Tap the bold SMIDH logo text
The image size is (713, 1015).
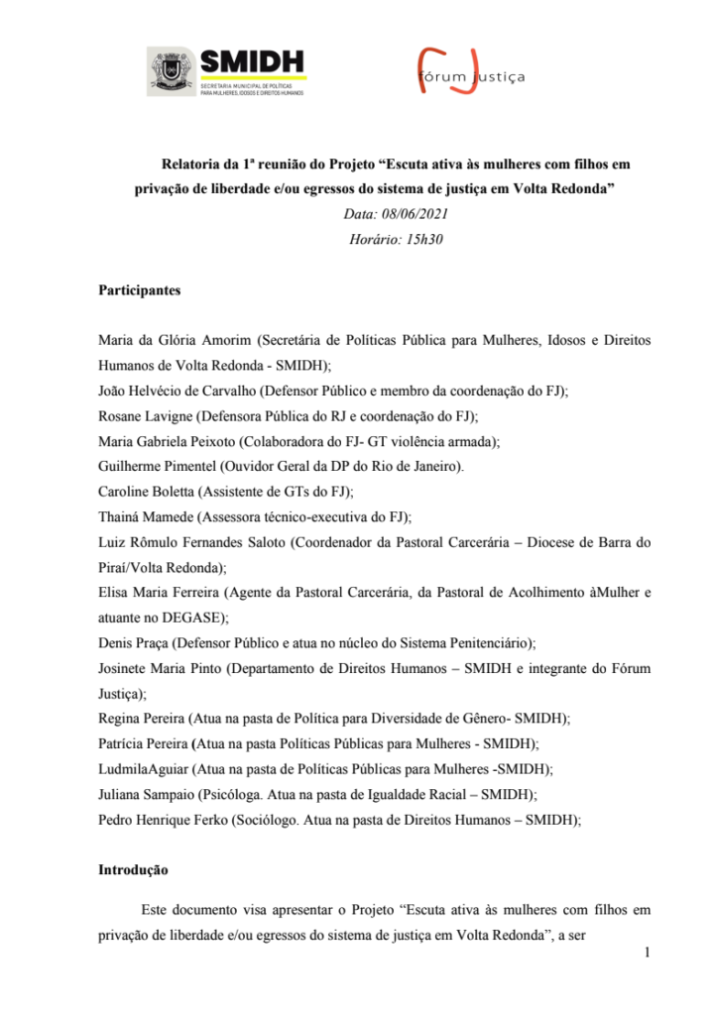pos(252,61)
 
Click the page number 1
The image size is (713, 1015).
pos(646,954)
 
